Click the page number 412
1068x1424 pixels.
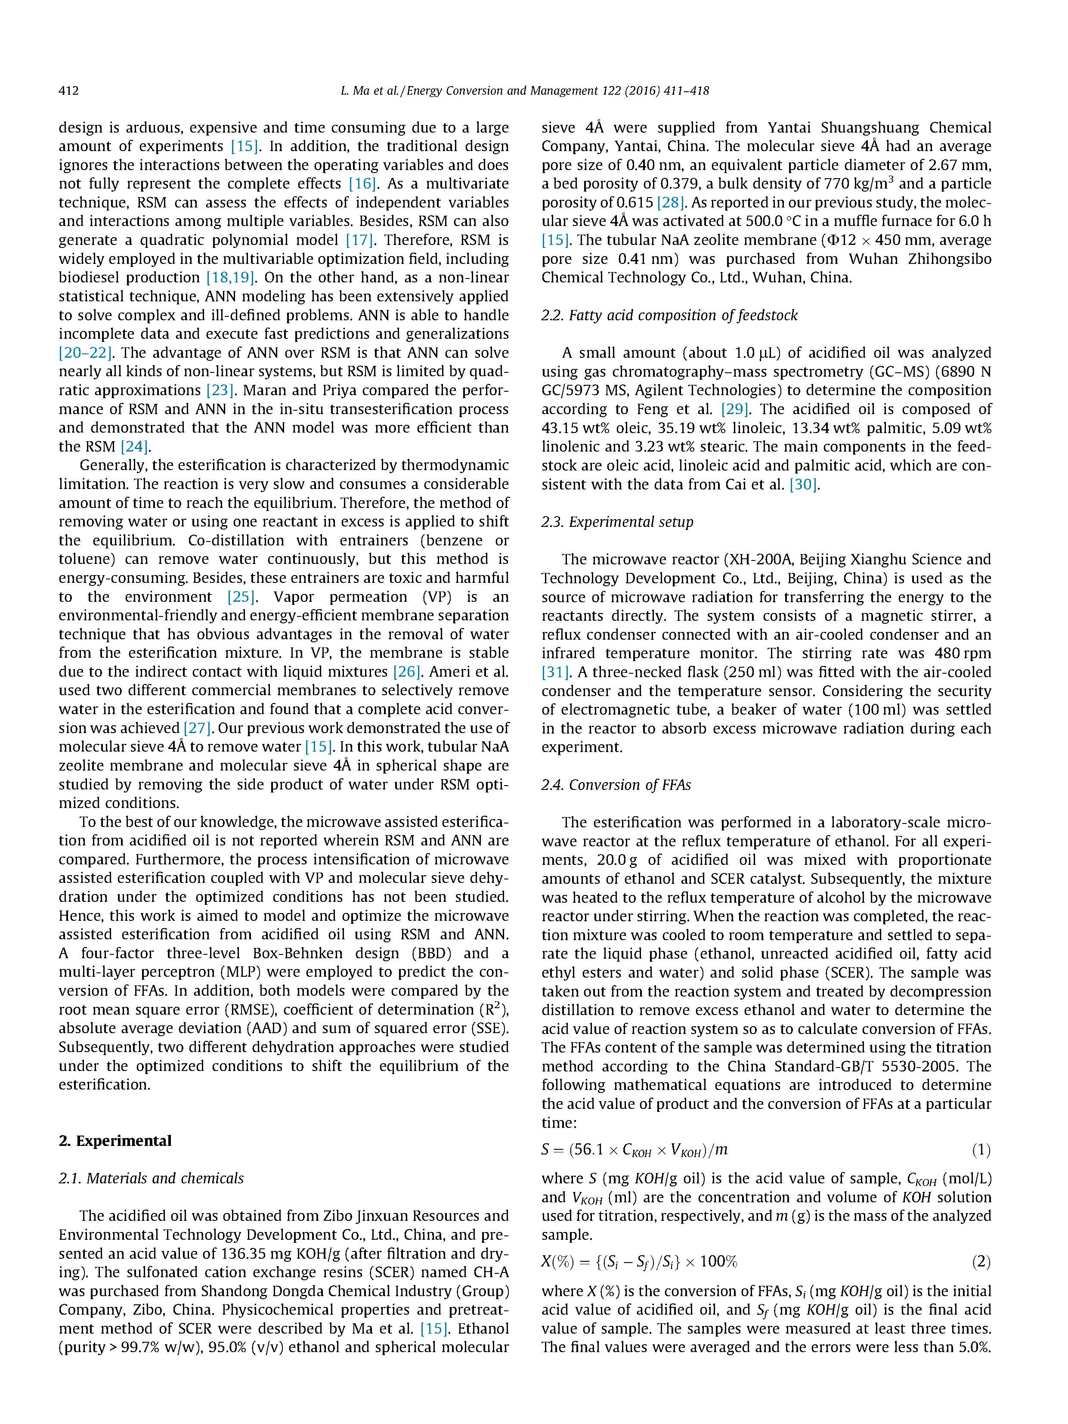coord(68,91)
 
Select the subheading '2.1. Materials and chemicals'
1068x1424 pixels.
coord(151,1178)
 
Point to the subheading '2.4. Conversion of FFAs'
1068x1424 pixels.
coord(616,785)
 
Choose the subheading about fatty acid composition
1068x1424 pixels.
coord(669,316)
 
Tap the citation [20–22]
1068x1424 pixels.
coord(86,353)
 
